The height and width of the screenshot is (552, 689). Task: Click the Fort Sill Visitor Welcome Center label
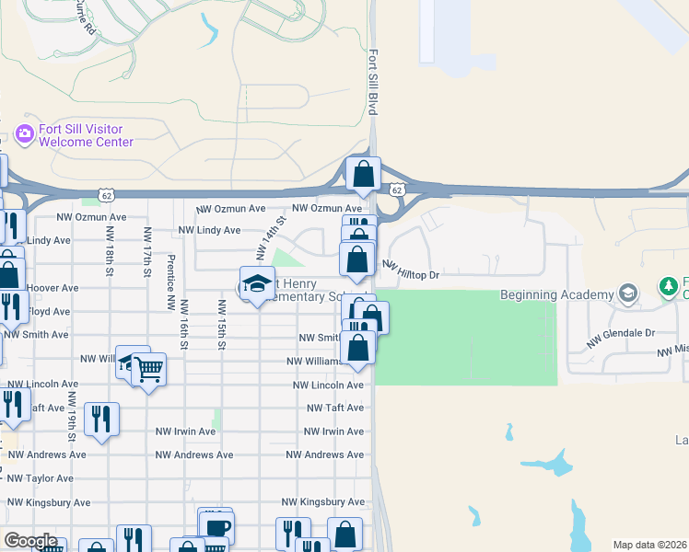pyautogui.click(x=86, y=135)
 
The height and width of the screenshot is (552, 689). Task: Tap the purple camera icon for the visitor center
pyautogui.click(x=25, y=134)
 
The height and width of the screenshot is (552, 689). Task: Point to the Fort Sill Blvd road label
pyautogui.click(x=373, y=83)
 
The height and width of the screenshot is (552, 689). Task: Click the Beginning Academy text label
pyautogui.click(x=556, y=294)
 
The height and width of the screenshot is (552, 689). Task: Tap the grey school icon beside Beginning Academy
pyautogui.click(x=628, y=293)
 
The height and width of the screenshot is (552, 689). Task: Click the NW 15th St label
pyautogui.click(x=221, y=325)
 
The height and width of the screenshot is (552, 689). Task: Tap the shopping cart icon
pyautogui.click(x=148, y=370)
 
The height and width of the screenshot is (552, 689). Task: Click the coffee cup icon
pyautogui.click(x=216, y=527)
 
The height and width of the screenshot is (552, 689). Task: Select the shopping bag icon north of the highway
pyautogui.click(x=364, y=173)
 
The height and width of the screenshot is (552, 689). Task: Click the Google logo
pyautogui.click(x=30, y=541)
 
